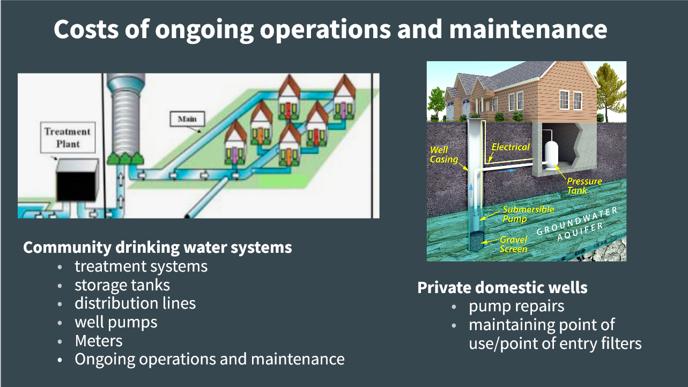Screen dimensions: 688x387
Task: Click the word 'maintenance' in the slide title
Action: coord(528,29)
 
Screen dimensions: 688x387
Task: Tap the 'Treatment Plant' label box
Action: coord(68,137)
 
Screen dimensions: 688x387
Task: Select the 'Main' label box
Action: coord(187,119)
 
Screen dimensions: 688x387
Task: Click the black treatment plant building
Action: coord(77,180)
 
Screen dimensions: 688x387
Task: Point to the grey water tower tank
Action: coord(126,114)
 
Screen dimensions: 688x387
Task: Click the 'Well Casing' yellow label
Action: coord(443,155)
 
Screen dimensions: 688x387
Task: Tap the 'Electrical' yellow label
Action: coord(511,147)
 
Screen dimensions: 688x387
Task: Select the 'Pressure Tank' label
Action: coord(584,186)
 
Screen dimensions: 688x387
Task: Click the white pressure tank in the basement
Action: coord(552,155)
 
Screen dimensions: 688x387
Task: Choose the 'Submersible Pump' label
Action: coord(528,214)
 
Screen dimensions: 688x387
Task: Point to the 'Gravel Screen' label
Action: coord(513,244)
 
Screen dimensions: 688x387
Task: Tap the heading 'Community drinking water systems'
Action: coord(158,247)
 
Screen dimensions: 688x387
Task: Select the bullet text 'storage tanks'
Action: coord(122,285)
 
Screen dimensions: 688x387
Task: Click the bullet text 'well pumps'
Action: coord(116,323)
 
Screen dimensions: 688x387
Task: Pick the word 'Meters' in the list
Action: coord(99,341)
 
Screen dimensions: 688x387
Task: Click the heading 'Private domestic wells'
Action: coord(502,288)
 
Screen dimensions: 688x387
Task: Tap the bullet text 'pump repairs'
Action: coord(516,306)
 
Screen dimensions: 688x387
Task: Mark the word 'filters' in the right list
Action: coord(622,344)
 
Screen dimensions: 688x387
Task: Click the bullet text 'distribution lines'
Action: coord(135,303)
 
